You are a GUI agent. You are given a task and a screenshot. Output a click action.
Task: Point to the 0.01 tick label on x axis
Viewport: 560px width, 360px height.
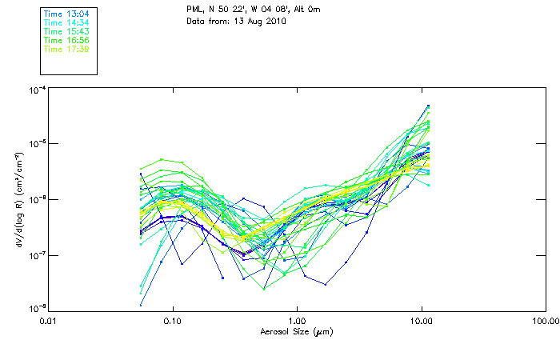[49, 321]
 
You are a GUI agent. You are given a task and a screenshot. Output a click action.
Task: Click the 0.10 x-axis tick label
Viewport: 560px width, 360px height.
[173, 321]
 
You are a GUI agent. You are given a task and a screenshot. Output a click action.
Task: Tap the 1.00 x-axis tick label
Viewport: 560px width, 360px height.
[298, 321]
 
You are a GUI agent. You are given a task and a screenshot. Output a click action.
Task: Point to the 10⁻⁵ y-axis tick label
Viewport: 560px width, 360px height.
[36, 145]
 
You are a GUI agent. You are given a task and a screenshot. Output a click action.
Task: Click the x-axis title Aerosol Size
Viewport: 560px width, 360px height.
[297, 331]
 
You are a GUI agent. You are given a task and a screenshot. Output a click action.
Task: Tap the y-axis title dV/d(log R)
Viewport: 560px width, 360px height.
[18, 199]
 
